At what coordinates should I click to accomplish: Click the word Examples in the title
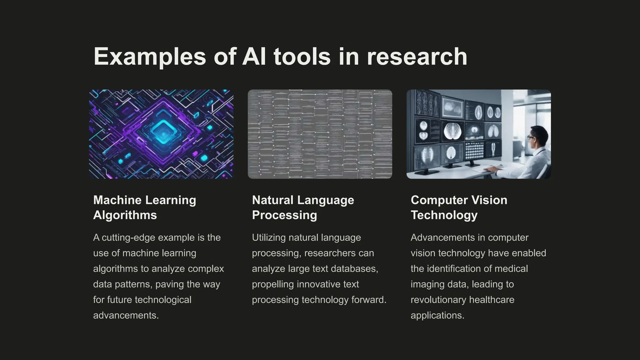coord(150,57)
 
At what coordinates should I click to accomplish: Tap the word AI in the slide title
coord(254,57)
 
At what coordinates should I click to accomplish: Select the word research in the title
coord(417,57)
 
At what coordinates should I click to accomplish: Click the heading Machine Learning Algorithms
coord(145,207)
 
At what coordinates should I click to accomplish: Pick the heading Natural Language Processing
coord(303,207)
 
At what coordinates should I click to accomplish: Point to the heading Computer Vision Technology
coord(459,207)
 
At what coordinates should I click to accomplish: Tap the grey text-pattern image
coord(320,134)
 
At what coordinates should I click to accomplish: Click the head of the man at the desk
coord(538,137)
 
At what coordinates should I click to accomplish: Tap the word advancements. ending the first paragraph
coord(126,315)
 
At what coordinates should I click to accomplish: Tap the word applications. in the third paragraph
coord(437,315)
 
